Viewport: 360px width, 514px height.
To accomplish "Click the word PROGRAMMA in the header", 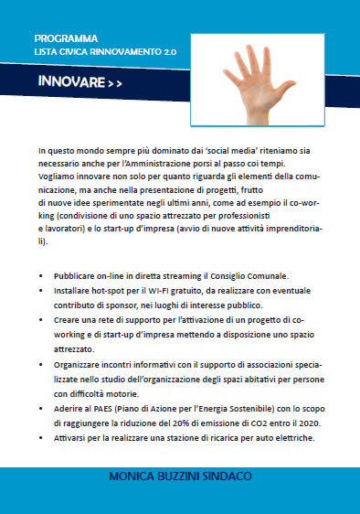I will (x=65, y=39).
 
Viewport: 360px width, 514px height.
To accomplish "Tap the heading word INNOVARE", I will (x=70, y=82).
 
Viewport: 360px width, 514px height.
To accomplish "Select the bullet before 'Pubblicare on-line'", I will (x=43, y=275).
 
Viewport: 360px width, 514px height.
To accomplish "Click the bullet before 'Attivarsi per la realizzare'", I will (x=43, y=437).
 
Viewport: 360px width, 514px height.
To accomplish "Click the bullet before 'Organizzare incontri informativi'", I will (x=43, y=364).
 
